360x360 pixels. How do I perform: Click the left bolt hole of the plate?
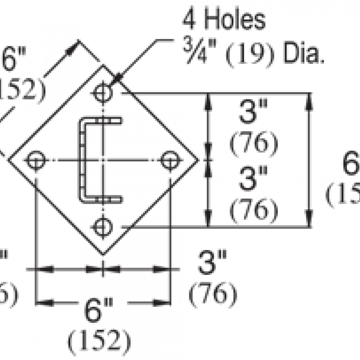tap(36, 160)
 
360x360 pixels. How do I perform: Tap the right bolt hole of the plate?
tap(170, 160)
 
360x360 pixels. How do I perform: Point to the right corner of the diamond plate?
tap(198, 160)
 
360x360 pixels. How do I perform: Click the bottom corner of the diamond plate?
tap(103, 254)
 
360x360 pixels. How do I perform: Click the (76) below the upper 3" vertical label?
tap(253, 143)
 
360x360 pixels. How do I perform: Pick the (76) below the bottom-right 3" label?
tap(213, 293)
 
